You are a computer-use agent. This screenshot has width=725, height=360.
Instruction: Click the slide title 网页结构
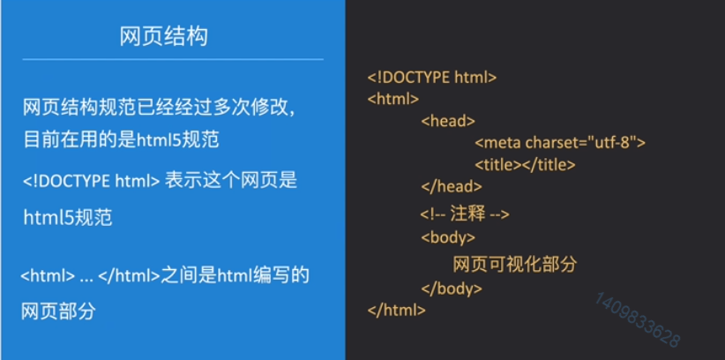pos(164,36)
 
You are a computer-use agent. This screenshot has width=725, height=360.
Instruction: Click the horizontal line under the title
pos(173,59)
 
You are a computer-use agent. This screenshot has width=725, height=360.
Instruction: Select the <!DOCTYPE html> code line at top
pos(432,78)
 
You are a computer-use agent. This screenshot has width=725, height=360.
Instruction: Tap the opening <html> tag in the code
pos(393,99)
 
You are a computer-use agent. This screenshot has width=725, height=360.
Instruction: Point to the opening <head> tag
pos(448,121)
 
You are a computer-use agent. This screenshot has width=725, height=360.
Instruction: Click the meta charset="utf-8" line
pos(560,142)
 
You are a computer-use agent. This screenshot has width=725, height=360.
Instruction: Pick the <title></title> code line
pos(525,164)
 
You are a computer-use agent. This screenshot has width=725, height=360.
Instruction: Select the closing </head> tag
pos(452,186)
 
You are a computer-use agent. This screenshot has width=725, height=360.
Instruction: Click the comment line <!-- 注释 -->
pos(465,214)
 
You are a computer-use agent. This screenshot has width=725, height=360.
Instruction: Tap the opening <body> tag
pos(448,237)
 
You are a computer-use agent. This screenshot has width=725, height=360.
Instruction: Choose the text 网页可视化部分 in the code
pos(514,264)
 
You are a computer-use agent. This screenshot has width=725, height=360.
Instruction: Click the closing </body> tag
pos(452,289)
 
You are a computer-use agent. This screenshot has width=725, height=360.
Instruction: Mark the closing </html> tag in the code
pos(396,310)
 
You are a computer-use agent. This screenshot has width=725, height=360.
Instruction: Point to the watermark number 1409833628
pos(637,319)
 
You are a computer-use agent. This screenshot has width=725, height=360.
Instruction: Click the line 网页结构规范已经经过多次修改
pos(159,108)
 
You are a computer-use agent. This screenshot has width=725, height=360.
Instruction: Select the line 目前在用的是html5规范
pos(121,139)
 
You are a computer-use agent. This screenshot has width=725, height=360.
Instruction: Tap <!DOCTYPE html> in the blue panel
pos(92,181)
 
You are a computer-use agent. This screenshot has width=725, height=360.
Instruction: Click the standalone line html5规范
pos(68,217)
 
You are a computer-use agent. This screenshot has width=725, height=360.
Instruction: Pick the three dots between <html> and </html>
pos(86,280)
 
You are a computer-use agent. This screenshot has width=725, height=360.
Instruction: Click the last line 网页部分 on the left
pos(58,311)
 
